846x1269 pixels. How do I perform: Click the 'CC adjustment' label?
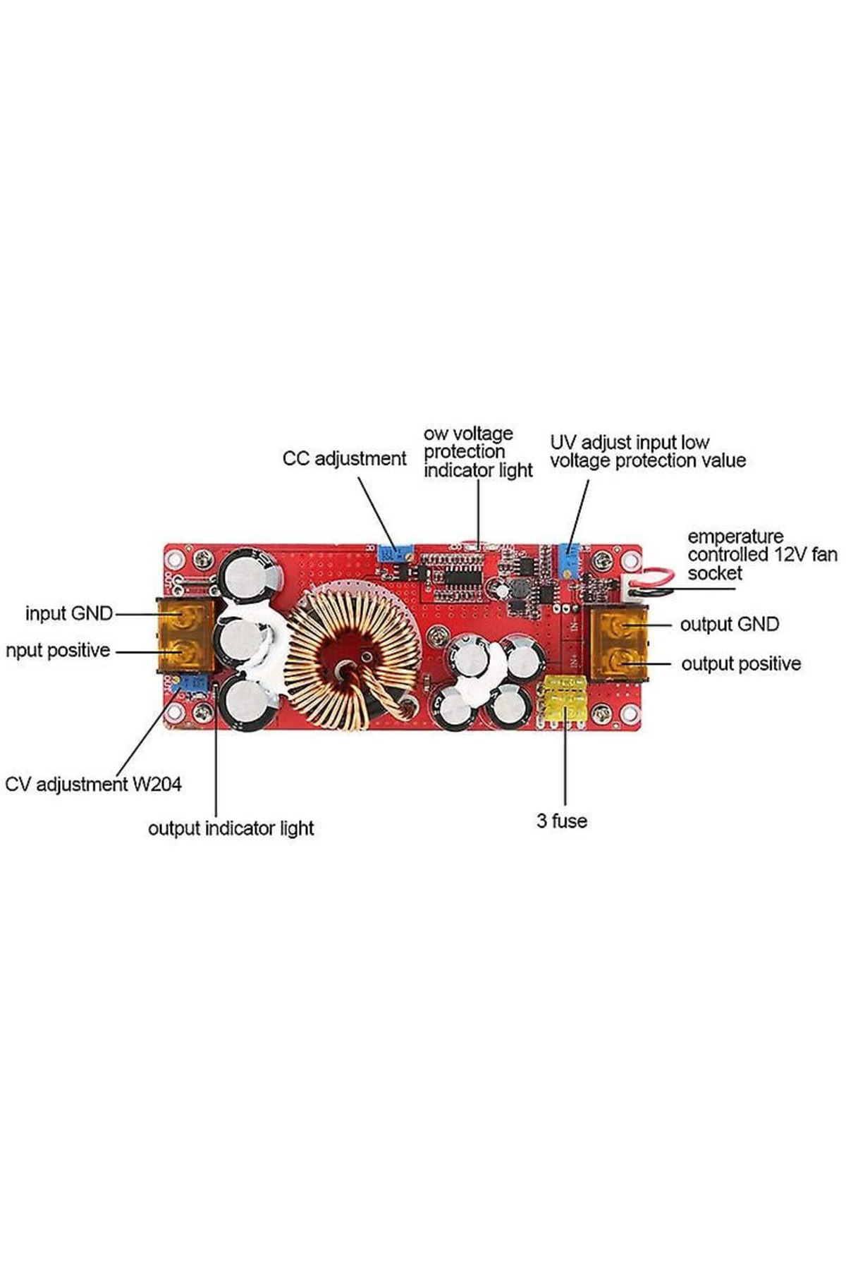[x=344, y=459]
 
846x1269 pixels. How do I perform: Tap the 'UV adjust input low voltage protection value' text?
[x=647, y=452]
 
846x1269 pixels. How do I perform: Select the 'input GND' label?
[x=69, y=613]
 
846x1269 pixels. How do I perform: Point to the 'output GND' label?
[x=729, y=625]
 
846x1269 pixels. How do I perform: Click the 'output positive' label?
[x=740, y=664]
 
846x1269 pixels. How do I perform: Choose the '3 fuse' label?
[x=561, y=821]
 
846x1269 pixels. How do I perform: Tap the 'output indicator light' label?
[x=231, y=828]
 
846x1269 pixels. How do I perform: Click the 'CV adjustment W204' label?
[x=93, y=784]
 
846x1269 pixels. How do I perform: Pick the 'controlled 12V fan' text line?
[x=762, y=555]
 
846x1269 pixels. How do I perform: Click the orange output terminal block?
[x=618, y=644]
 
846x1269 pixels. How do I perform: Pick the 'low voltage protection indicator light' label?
[x=477, y=452]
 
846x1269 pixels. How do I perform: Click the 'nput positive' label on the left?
[x=58, y=651]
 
